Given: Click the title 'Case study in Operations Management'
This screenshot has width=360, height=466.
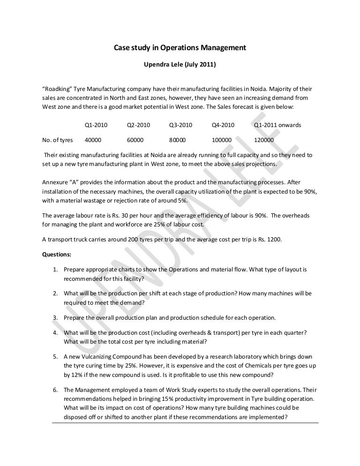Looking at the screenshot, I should (x=180, y=48).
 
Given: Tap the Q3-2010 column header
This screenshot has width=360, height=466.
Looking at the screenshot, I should (x=180, y=126).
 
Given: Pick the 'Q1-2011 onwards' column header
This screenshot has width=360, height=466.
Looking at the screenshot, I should (x=277, y=126).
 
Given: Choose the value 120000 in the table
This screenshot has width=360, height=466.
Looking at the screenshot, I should (x=264, y=140).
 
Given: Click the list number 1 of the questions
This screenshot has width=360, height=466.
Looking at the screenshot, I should (x=55, y=270).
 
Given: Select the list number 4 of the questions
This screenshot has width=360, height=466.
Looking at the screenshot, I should (x=55, y=332).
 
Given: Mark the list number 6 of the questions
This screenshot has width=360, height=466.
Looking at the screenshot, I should (x=55, y=389).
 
